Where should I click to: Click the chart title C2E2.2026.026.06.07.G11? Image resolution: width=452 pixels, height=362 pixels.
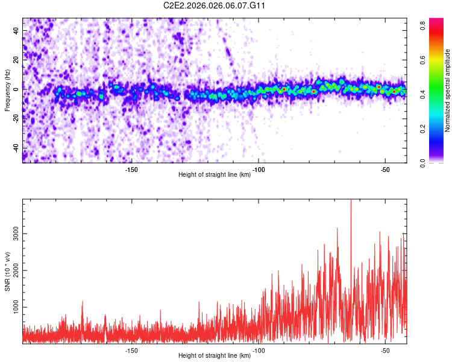(215, 5)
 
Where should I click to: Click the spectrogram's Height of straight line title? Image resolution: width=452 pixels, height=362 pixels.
(215, 175)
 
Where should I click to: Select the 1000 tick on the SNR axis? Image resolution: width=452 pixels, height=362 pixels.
(12, 308)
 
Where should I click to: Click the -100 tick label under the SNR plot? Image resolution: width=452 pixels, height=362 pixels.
(259, 350)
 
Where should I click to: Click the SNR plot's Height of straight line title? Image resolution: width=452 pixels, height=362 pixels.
(215, 356)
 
